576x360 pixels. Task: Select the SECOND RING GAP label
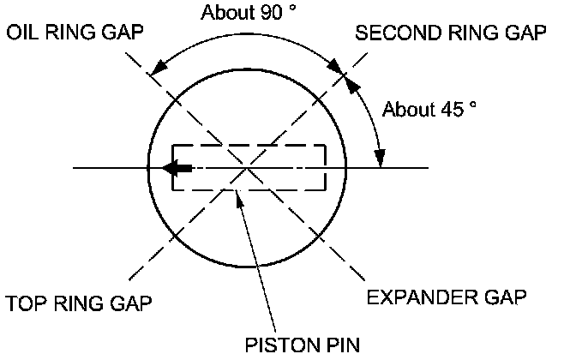(452, 33)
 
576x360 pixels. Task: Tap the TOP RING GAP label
(79, 303)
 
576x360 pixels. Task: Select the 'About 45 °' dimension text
(429, 109)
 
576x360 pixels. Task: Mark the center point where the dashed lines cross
(248, 167)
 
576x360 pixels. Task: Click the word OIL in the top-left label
(22, 33)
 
